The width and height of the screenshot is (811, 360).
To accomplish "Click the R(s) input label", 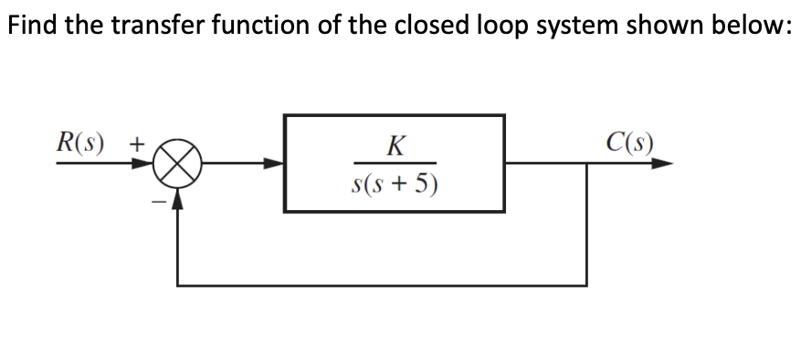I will pos(80,143).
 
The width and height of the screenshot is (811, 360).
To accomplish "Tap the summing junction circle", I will pos(177,165).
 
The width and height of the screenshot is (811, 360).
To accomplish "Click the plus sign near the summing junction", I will pos(135,144).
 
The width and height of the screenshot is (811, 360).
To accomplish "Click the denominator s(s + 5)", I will pos(394,184).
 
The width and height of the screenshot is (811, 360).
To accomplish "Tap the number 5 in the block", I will pos(421,184).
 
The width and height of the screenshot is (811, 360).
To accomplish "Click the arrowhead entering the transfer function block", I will pos(275,165).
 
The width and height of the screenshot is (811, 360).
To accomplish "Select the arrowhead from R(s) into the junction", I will pos(145,165).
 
